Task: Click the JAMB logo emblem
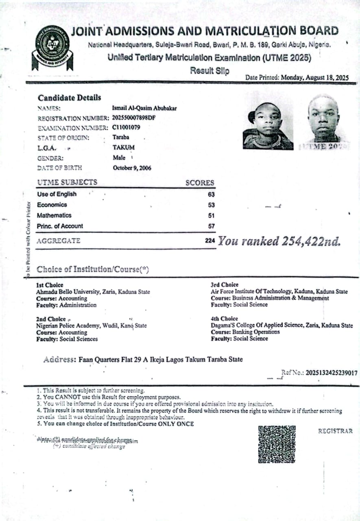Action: tap(52, 48)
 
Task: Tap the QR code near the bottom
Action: tap(277, 444)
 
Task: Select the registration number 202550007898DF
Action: tap(134, 118)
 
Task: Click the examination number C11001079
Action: tap(126, 128)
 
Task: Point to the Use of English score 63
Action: tap(211, 195)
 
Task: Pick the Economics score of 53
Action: tap(211, 205)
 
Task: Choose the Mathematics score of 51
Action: tap(211, 216)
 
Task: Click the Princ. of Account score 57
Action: tap(211, 226)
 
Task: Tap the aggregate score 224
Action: tap(210, 241)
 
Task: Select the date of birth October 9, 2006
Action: tap(132, 168)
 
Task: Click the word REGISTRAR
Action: tap(335, 431)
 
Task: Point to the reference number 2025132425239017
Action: tap(332, 372)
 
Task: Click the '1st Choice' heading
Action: tap(50, 285)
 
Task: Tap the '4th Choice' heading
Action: tap(224, 319)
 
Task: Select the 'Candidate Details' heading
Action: tap(69, 98)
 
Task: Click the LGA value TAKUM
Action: tap(123, 147)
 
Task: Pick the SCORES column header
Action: tap(200, 183)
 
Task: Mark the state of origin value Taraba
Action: tap(121, 138)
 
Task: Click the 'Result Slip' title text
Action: tap(209, 71)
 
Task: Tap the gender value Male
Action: tap(119, 158)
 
